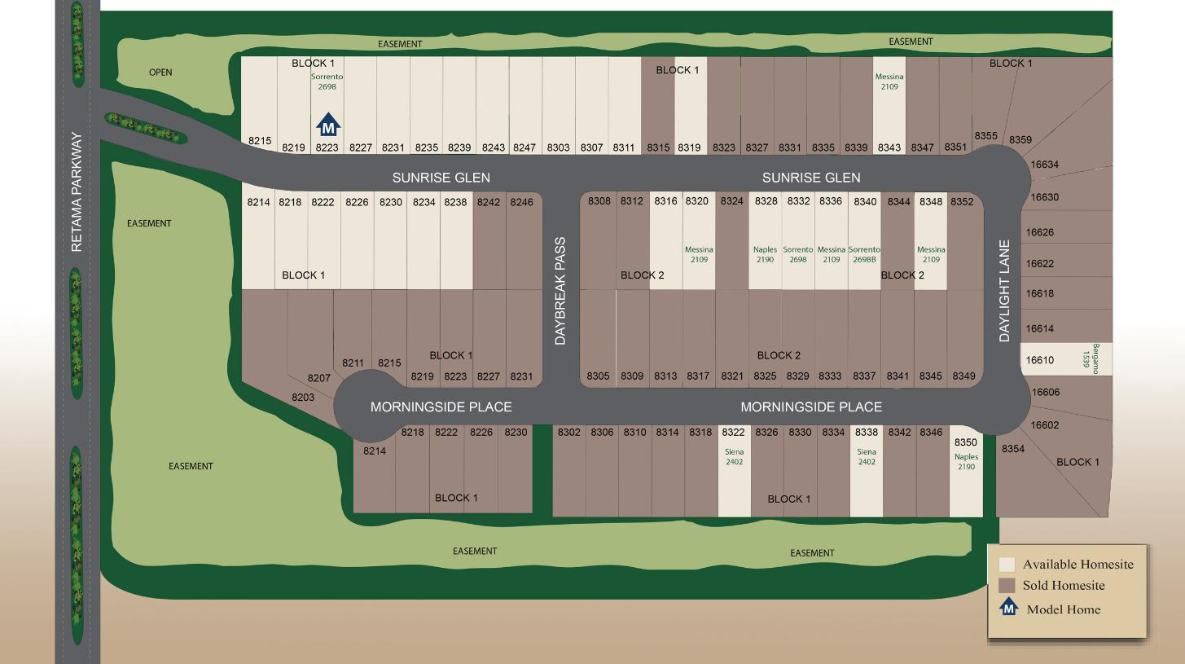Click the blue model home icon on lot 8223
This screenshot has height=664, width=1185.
327,125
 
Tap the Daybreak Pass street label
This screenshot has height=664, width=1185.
560,291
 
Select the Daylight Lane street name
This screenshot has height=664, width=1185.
1004,291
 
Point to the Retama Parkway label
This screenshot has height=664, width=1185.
77,192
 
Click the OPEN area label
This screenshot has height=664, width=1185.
160,73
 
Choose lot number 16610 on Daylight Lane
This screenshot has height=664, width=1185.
1039,360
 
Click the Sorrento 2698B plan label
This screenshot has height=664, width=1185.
864,255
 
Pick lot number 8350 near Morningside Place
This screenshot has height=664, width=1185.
965,442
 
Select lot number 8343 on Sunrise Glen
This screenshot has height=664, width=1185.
889,147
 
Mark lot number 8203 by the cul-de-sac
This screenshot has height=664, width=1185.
303,398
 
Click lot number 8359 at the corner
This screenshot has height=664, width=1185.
1020,140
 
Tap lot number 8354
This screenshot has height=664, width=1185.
1013,449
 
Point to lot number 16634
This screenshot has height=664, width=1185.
1045,165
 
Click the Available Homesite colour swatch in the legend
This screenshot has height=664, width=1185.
1007,564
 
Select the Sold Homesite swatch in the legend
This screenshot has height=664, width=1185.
1007,585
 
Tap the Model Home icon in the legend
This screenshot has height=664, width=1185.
1009,607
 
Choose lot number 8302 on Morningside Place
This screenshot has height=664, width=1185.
568,433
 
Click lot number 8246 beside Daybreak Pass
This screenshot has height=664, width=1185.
521,202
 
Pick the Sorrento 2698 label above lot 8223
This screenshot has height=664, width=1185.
327,81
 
